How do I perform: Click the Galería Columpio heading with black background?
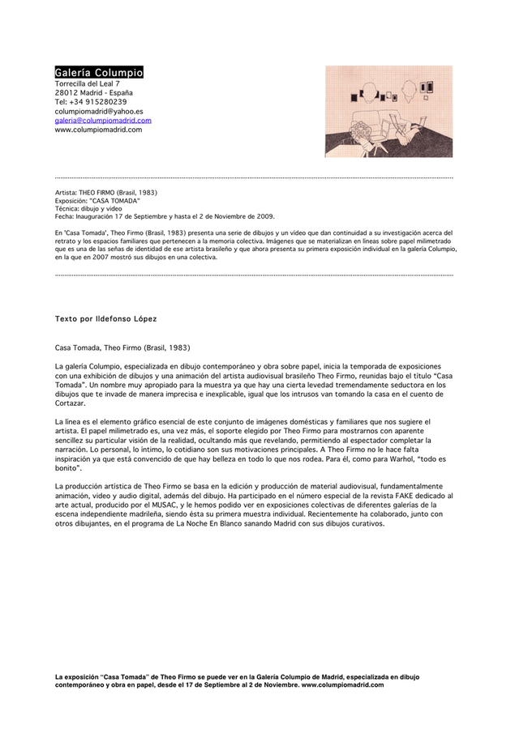(x=99, y=73)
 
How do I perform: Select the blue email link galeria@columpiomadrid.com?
(x=103, y=120)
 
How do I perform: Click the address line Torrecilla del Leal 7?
(x=88, y=83)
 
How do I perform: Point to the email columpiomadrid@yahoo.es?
(x=99, y=111)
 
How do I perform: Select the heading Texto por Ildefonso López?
(x=106, y=319)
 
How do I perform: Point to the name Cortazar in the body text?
(x=73, y=403)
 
